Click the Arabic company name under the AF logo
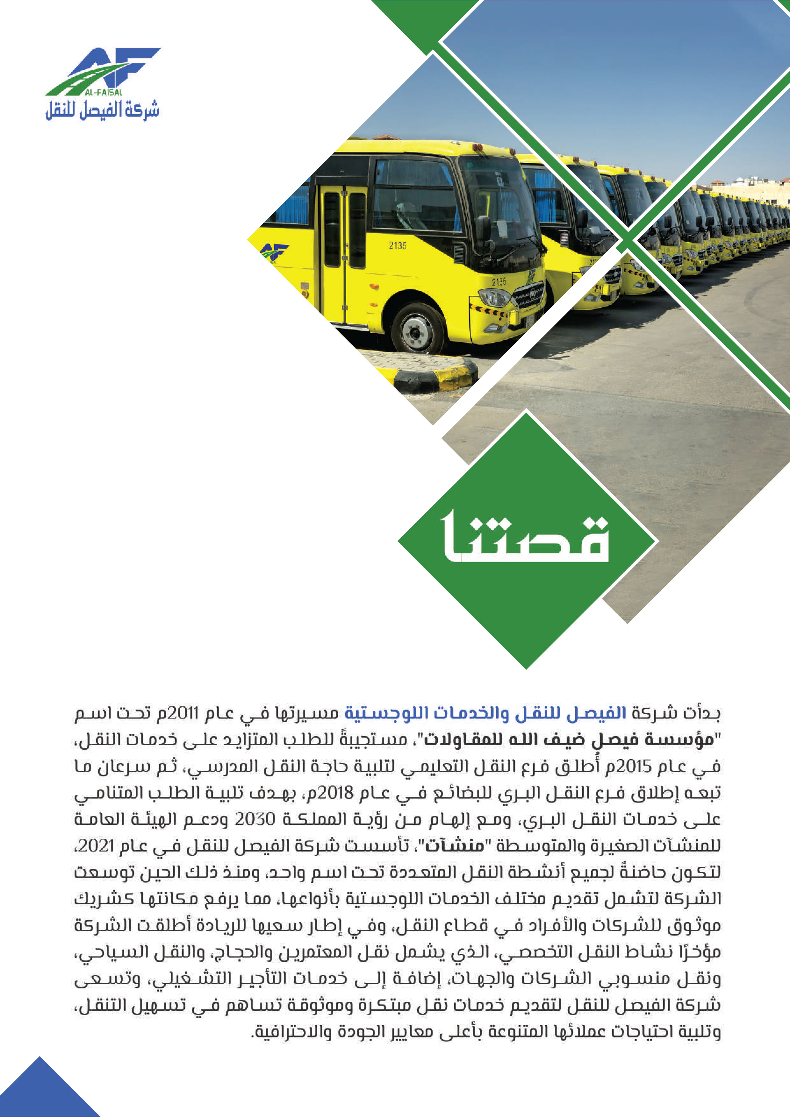pyautogui.click(x=103, y=110)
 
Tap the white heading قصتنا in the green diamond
pyautogui.click(x=525, y=538)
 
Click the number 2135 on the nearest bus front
pyautogui.click(x=499, y=282)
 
